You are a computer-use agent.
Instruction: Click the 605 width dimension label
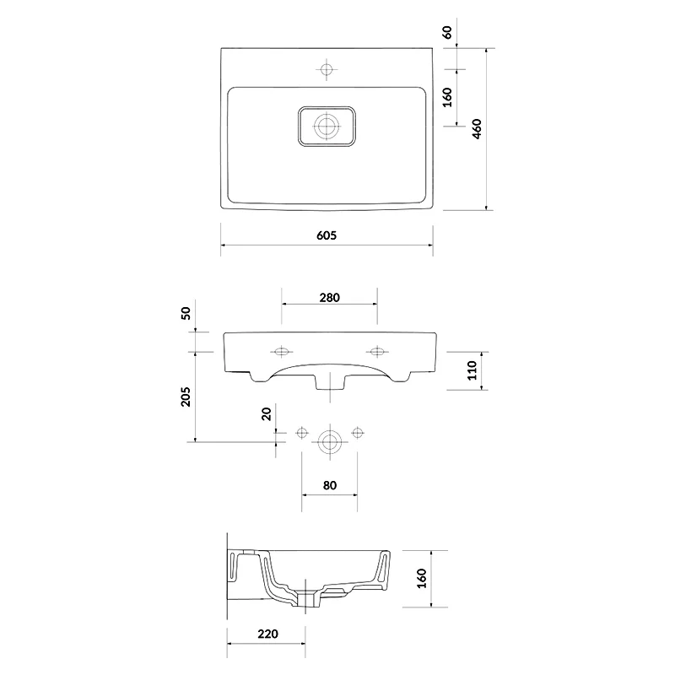(x=327, y=235)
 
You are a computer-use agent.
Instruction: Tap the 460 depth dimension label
(x=477, y=129)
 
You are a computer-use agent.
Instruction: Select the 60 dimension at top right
(x=447, y=32)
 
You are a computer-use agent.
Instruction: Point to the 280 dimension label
(x=329, y=298)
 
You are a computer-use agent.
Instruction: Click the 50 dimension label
(x=185, y=313)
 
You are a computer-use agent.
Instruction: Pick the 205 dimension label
(x=185, y=397)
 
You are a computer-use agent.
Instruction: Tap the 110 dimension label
(x=472, y=370)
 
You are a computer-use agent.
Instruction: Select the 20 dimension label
(x=267, y=413)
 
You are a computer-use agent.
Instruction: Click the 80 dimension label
(x=329, y=485)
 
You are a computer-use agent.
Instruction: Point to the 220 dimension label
(x=267, y=634)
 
